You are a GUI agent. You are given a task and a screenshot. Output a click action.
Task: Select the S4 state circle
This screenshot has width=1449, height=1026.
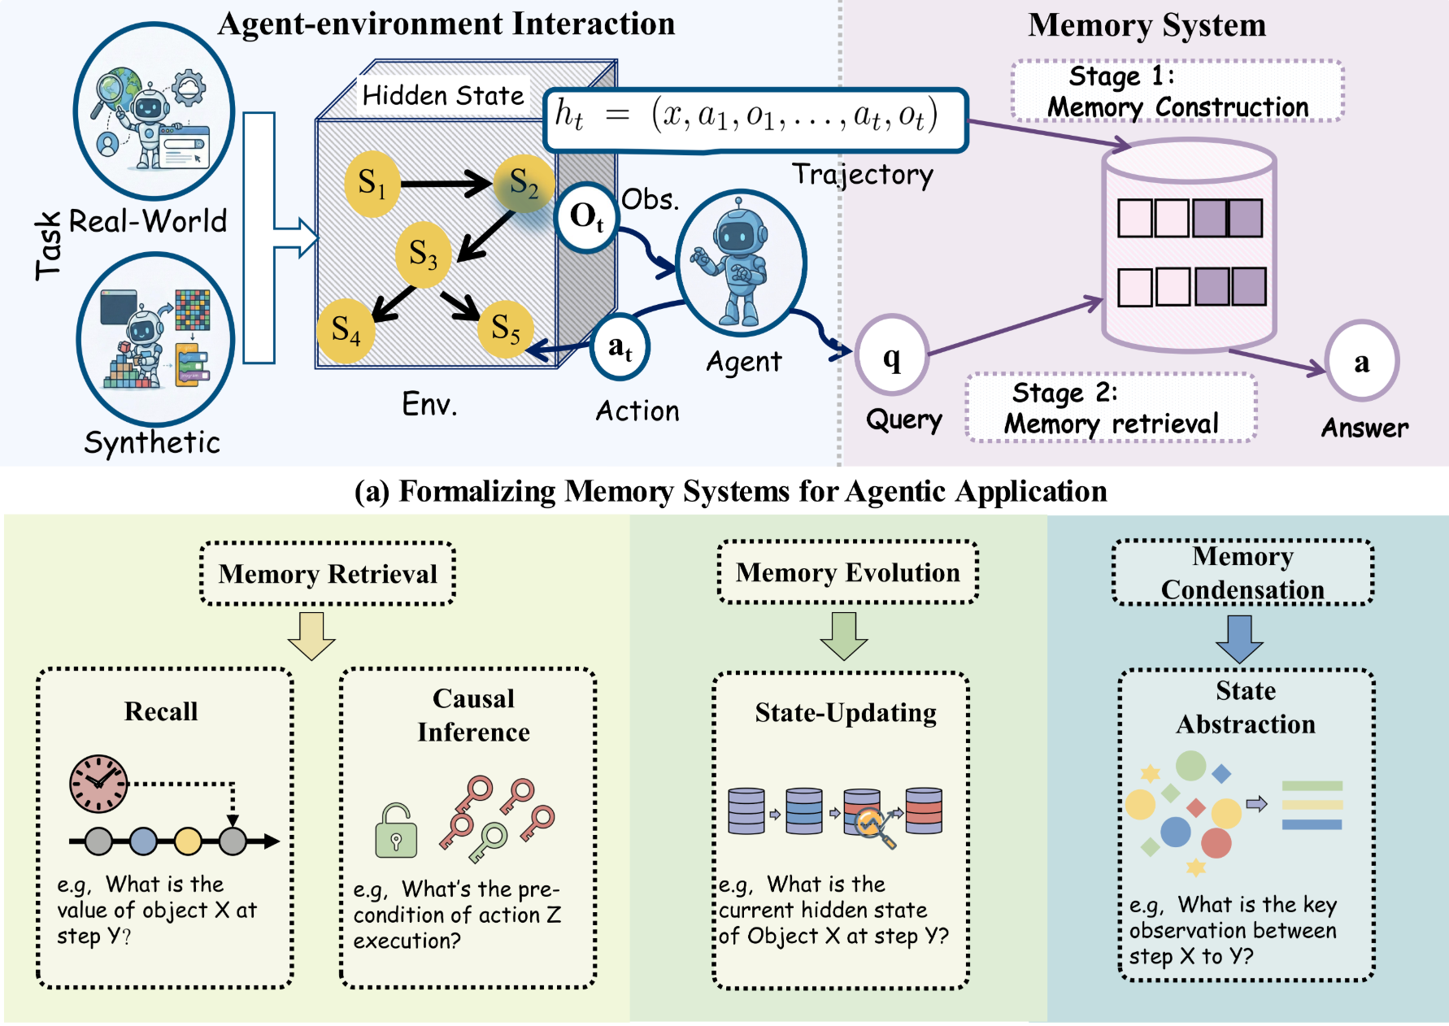tap(346, 330)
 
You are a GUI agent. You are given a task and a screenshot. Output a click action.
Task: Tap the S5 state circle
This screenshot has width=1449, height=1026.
tap(505, 328)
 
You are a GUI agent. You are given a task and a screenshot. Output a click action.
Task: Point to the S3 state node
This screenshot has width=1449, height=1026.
tap(423, 254)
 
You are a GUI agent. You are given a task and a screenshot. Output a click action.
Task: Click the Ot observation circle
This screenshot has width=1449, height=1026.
tap(585, 217)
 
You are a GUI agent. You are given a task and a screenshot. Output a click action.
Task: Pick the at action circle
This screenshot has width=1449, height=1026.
tap(620, 348)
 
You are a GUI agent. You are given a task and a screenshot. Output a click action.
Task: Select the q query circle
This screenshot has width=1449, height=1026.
tap(892, 356)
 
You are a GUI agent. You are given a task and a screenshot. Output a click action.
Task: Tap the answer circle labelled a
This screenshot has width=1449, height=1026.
tap(1361, 361)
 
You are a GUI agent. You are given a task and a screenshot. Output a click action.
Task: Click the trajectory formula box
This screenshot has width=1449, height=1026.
tap(755, 120)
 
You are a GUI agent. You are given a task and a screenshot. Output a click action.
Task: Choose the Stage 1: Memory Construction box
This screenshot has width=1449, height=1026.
tap(1177, 91)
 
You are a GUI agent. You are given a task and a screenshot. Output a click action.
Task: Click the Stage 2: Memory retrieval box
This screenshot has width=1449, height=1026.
tap(1111, 408)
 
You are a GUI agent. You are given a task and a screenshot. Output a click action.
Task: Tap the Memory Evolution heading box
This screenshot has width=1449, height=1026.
tap(848, 572)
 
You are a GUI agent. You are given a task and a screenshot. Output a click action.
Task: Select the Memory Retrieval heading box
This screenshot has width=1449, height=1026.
tap(328, 574)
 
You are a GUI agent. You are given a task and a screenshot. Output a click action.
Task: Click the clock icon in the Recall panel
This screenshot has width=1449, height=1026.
tap(98, 784)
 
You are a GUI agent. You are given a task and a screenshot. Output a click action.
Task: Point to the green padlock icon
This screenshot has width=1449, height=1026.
tap(396, 832)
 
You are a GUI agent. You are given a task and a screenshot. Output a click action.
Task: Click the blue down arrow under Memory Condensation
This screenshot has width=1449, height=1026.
tap(1239, 639)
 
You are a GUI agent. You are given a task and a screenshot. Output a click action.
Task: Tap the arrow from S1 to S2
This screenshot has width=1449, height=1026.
tap(445, 183)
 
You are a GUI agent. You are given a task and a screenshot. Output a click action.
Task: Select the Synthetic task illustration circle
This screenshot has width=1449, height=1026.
tap(156, 340)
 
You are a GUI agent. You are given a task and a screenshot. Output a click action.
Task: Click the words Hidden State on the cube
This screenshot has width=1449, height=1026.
tap(443, 95)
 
